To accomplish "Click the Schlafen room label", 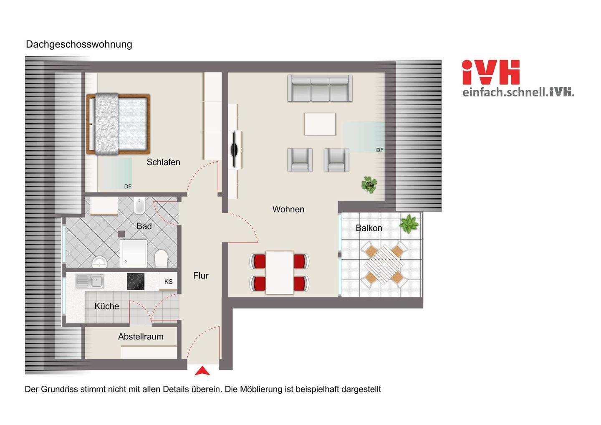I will (x=163, y=162).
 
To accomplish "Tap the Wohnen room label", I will (x=288, y=209).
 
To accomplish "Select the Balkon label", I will (x=369, y=228).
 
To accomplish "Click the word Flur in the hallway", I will (x=201, y=276).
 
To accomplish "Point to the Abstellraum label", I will (x=141, y=336).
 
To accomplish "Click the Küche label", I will (x=107, y=306).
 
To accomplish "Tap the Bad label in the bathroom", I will (x=144, y=226).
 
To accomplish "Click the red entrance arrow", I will (x=202, y=371).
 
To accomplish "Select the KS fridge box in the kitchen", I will (x=169, y=282).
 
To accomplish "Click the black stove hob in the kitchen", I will (x=136, y=281).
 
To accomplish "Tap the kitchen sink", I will (x=89, y=281).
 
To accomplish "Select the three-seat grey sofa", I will (x=320, y=88).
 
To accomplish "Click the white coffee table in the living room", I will (x=320, y=124).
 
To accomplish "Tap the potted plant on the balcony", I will (x=409, y=224).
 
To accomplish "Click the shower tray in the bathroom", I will (x=133, y=253).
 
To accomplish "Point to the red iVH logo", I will (x=491, y=73).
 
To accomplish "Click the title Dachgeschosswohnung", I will (x=79, y=44).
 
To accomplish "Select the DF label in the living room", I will (x=379, y=150).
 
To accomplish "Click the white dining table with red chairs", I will (x=279, y=272).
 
